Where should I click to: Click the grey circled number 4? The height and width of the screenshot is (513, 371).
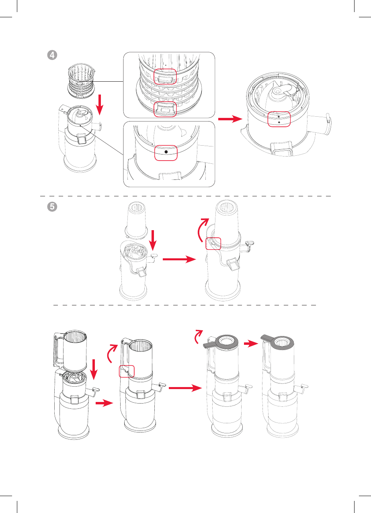(x=52, y=55)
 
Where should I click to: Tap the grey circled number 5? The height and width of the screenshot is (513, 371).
(x=52, y=206)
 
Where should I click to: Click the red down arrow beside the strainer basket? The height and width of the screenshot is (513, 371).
(x=100, y=105)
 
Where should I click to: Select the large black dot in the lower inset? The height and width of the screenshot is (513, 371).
(x=166, y=152)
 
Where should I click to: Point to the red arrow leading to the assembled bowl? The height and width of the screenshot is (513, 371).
(x=230, y=119)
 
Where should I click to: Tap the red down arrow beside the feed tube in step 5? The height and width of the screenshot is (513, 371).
(x=153, y=240)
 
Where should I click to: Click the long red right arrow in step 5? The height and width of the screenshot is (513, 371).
(x=179, y=260)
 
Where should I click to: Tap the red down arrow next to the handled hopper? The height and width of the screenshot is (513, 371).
(x=94, y=370)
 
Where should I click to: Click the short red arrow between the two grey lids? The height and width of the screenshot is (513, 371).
(x=251, y=344)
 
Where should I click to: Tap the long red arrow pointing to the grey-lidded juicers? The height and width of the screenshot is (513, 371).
(x=185, y=388)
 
